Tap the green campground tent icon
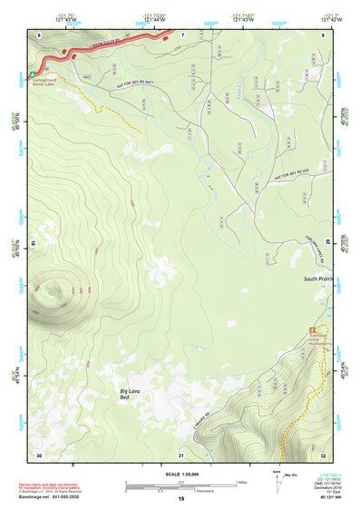pyautogui.click(x=33, y=73)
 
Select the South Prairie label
pyautogui.click(x=319, y=279)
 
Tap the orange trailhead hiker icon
pyautogui.click(x=312, y=328)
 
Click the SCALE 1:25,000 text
pyautogui.click(x=180, y=474)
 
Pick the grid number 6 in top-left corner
pyautogui.click(x=39, y=34)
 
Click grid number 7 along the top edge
pyautogui.click(x=181, y=34)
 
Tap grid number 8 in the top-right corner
pyautogui.click(x=323, y=34)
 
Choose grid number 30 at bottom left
pyautogui.click(x=39, y=454)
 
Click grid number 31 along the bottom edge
pyautogui.click(x=181, y=454)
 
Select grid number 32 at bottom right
pyautogui.click(x=323, y=454)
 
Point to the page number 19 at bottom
pyautogui.click(x=180, y=500)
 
